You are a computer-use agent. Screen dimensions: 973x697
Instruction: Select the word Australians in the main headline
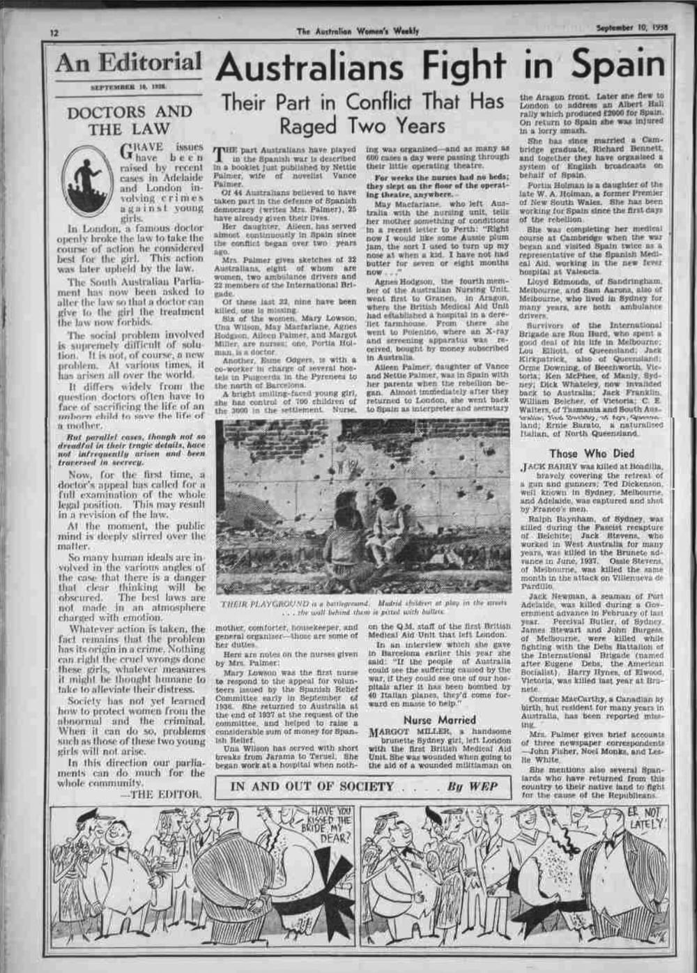(311, 68)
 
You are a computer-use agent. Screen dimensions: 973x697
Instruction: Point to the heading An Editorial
(128, 63)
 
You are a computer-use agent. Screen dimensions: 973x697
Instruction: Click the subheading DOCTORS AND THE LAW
(129, 120)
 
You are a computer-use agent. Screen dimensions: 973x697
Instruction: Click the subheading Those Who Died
(591, 453)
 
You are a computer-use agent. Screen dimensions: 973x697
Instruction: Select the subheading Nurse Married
(439, 719)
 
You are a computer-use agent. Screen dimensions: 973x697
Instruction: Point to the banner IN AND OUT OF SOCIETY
(312, 786)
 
